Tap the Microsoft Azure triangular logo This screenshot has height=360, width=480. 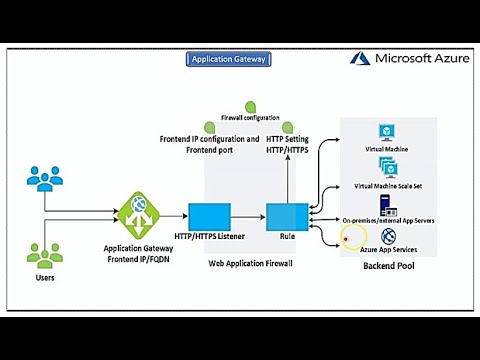(360, 59)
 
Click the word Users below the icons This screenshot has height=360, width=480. (45, 278)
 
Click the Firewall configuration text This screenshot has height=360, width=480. (250, 118)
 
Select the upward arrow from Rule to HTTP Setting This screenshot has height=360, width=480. (287, 175)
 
